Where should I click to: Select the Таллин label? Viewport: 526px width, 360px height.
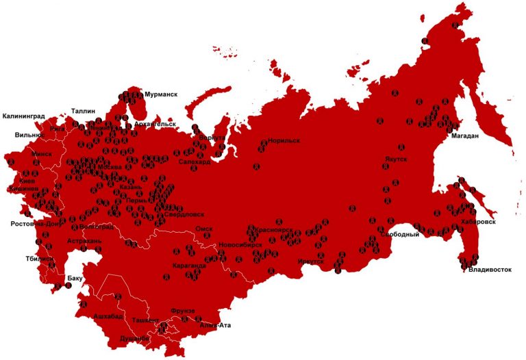[x=83, y=111]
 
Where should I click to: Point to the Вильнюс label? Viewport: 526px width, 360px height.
[x=29, y=135]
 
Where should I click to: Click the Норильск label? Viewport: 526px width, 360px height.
[x=284, y=140]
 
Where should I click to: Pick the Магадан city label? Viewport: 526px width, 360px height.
[x=464, y=136]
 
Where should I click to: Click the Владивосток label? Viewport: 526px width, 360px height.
[x=490, y=270]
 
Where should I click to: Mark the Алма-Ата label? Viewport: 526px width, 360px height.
[x=215, y=325]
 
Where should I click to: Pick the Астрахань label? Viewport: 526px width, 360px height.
[x=84, y=242]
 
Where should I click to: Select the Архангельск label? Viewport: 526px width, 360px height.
[x=155, y=124]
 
